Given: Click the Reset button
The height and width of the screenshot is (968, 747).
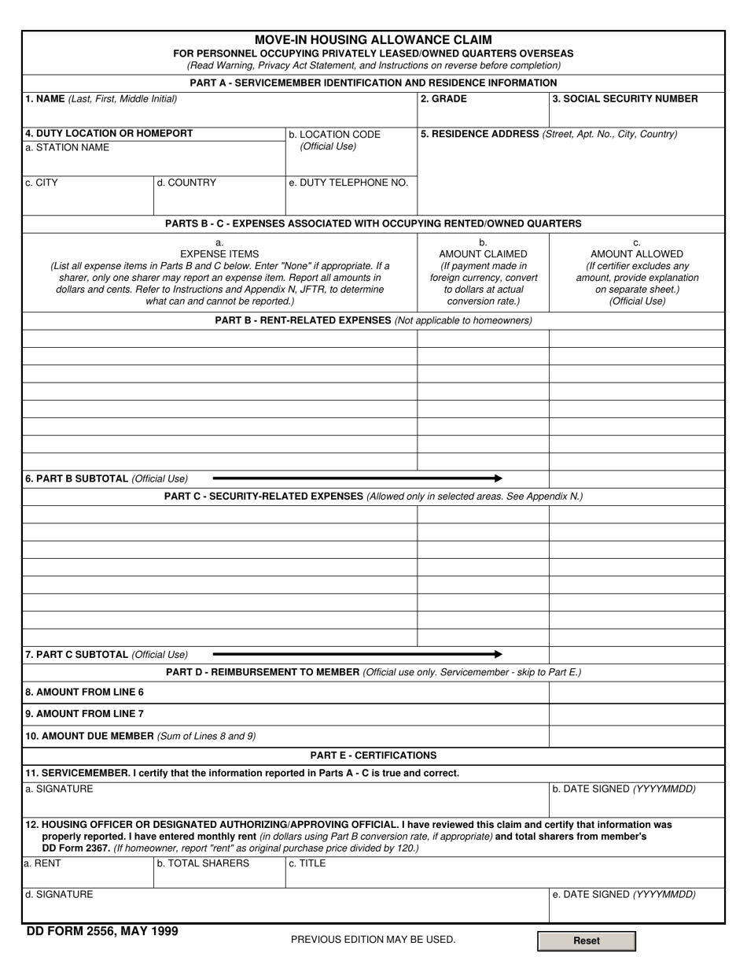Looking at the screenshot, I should [x=586, y=940].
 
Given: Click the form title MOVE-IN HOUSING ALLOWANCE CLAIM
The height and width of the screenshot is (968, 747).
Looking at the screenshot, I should [x=373, y=39].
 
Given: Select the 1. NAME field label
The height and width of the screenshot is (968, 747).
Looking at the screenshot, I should [x=101, y=99].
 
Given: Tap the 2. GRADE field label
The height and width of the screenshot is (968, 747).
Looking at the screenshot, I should [x=443, y=99].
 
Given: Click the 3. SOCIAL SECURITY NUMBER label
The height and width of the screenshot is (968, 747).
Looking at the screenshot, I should [x=624, y=99].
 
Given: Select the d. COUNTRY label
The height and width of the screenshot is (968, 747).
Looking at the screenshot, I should [x=186, y=183].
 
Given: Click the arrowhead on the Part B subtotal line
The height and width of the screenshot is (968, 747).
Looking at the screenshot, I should [x=498, y=478].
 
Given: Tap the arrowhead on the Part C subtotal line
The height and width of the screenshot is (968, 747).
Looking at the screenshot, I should [x=498, y=654].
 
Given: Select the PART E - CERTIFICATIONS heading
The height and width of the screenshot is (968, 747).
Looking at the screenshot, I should [x=373, y=756].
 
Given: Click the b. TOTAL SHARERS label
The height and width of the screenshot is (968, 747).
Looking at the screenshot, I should [x=203, y=863].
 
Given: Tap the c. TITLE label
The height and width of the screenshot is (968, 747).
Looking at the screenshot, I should [x=307, y=863].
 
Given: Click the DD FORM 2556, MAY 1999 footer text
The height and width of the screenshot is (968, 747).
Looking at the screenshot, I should [x=102, y=932].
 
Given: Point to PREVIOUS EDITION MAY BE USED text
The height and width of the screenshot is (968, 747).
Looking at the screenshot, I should [x=373, y=940].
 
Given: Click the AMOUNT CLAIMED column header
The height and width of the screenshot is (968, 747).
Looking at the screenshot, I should [x=483, y=254].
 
